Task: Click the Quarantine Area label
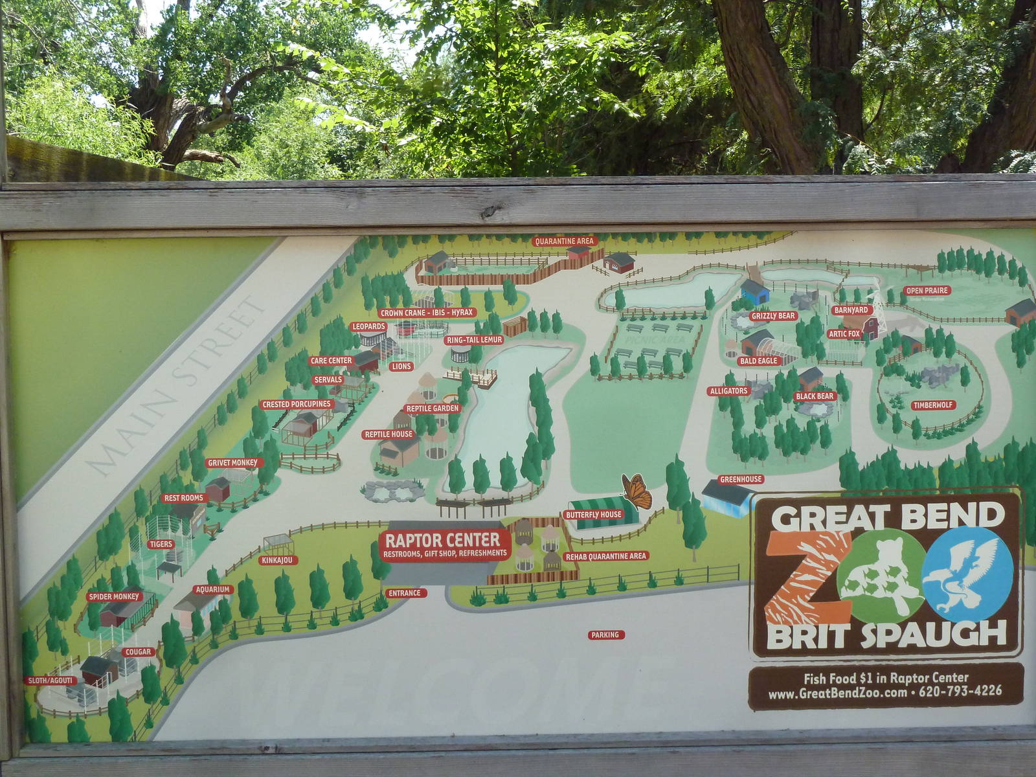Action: click(564, 242)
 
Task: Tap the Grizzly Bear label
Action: click(772, 316)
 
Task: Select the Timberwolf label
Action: click(933, 405)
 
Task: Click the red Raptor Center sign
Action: click(444, 545)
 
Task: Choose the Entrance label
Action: click(404, 593)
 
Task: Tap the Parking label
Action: click(605, 635)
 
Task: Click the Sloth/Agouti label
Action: click(51, 681)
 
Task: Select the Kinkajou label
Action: click(277, 560)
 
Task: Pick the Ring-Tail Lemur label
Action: click(475, 340)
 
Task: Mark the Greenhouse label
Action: click(741, 480)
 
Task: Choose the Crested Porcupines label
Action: click(297, 405)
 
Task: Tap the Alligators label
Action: click(728, 391)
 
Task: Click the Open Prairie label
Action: click(927, 291)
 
